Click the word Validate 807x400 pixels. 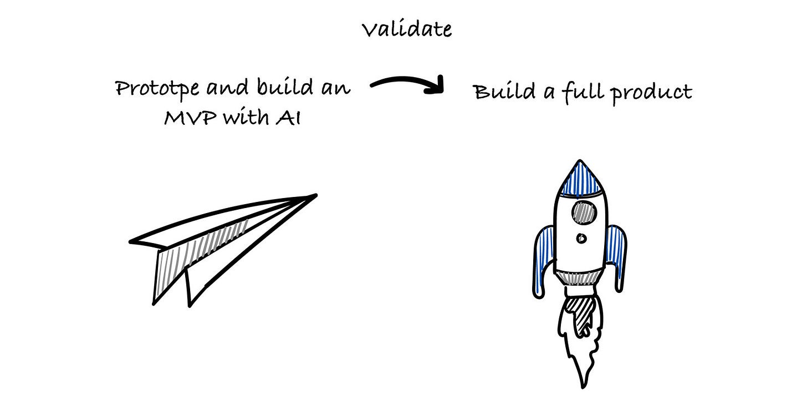click(407, 29)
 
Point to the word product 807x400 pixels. click(652, 93)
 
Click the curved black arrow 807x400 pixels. click(409, 85)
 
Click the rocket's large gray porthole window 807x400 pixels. click(582, 211)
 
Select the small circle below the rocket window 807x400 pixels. click(581, 239)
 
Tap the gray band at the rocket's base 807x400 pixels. click(580, 277)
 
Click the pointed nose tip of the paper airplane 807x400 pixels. click(314, 195)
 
